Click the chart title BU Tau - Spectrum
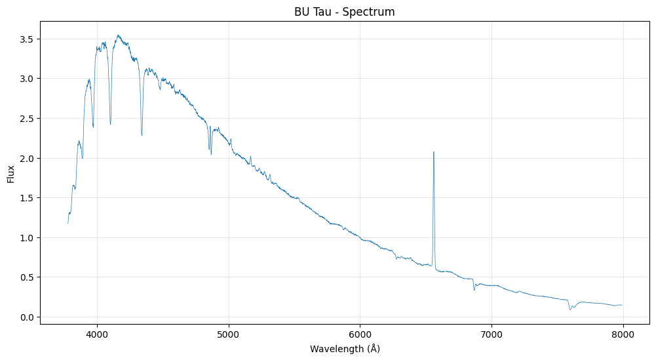point(345,12)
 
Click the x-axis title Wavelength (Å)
point(345,349)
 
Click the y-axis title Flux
point(11,174)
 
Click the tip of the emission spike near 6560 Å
point(433,152)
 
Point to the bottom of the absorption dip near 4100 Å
point(110,124)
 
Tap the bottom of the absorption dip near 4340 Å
point(142,135)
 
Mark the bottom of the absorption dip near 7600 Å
point(570,310)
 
